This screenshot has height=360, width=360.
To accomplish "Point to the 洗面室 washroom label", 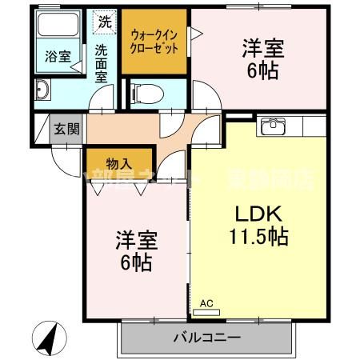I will tap(102, 63).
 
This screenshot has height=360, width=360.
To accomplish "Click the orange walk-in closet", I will tap(154, 42).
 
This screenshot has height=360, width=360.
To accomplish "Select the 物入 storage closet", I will tap(118, 163).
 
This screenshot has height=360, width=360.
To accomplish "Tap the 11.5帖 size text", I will tap(256, 238).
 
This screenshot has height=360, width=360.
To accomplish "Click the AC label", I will tap(206, 303).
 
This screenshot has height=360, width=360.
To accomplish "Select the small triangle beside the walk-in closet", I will tap(196, 34).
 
